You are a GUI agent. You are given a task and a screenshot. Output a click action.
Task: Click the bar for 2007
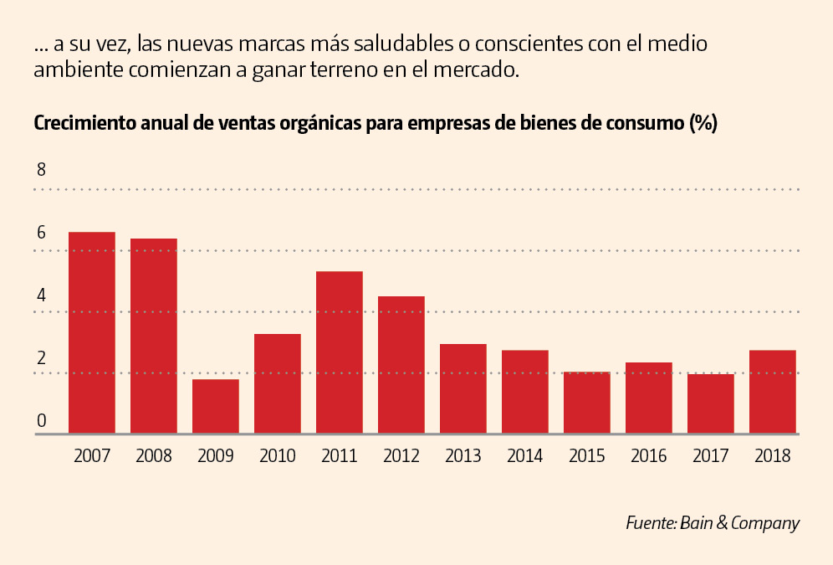coord(92,332)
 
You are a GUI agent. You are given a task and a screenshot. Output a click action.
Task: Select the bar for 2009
coord(216,406)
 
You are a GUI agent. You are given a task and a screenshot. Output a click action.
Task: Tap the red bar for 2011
coord(340,352)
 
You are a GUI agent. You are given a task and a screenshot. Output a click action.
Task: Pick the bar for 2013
coord(463,388)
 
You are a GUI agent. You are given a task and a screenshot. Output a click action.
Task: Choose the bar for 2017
coord(711,403)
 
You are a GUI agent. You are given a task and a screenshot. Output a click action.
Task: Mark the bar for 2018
coord(773,391)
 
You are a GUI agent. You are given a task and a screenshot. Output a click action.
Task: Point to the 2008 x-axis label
coord(154,456)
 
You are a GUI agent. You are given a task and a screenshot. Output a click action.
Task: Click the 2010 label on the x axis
coord(278,456)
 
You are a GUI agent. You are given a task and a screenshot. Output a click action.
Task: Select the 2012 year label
coord(401,456)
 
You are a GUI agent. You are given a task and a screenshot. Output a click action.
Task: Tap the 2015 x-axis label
coord(587,456)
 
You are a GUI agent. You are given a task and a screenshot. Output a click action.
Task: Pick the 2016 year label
coord(649,456)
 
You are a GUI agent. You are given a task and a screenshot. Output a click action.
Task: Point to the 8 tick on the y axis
coord(41,170)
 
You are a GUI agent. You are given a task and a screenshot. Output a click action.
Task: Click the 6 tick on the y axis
coord(41,232)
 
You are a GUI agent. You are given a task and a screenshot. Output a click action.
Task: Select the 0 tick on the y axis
coord(41,421)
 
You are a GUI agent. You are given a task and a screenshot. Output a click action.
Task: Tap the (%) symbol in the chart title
coord(703,124)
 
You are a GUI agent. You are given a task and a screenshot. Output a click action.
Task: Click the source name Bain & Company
coord(739,523)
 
